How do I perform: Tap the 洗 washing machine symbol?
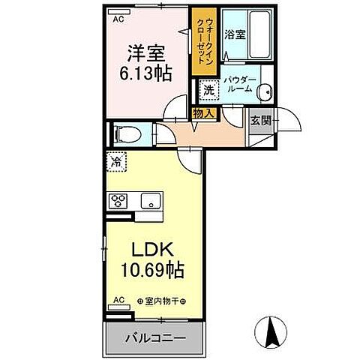(x=208, y=89)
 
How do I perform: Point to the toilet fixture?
(x=125, y=135)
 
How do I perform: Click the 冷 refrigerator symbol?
(x=116, y=160)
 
